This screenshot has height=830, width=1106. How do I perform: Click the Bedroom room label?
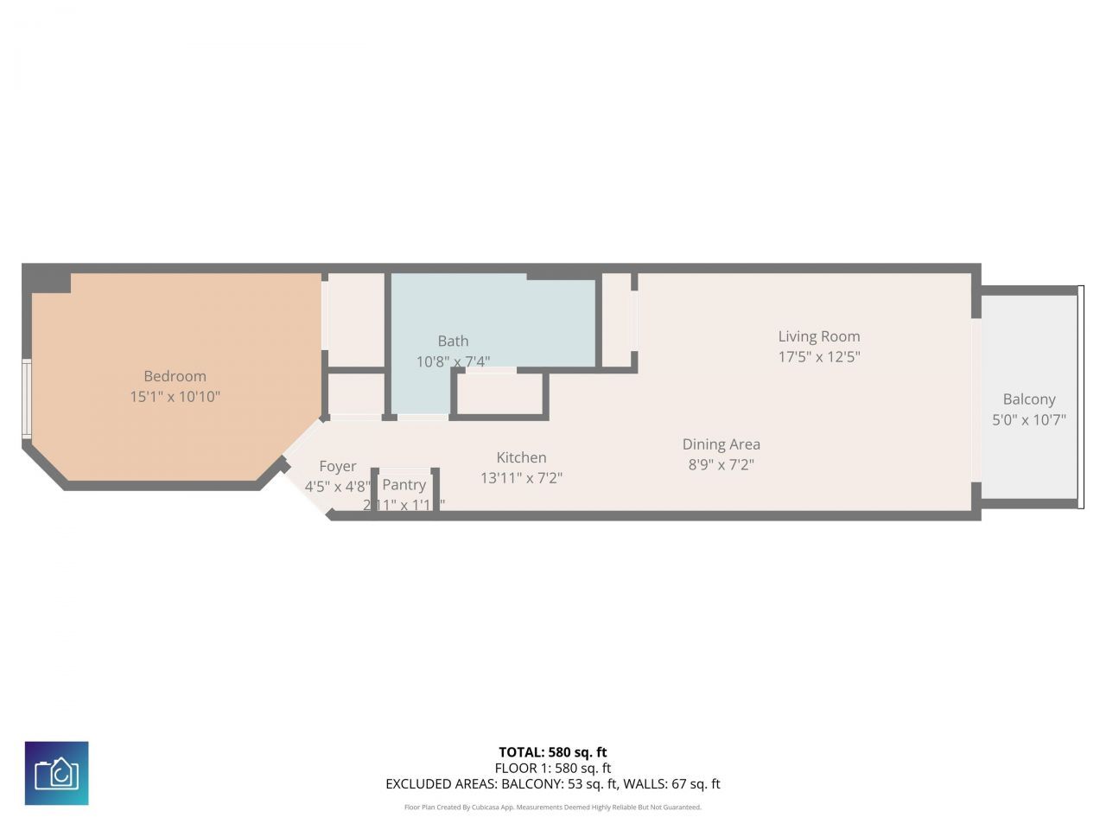175,376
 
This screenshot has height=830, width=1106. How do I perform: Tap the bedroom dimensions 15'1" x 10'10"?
175,397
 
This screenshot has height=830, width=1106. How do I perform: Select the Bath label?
453,342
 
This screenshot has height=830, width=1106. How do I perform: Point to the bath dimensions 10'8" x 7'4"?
453,361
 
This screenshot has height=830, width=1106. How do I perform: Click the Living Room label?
818,336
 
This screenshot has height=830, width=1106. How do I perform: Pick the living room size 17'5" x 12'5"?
818,356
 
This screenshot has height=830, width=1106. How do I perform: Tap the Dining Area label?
721,444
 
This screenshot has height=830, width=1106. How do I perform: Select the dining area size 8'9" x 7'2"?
721,464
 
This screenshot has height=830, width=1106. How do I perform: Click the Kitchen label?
521,457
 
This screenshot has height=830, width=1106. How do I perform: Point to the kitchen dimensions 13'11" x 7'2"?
521,477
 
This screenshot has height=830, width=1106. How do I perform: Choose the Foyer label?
337,466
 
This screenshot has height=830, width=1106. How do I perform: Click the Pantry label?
404,485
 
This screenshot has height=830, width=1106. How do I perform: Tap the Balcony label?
1028,399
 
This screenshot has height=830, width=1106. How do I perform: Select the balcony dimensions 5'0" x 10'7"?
1028,420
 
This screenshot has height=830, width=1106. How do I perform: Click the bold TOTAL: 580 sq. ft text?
552,752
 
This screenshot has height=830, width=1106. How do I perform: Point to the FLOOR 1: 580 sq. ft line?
552,768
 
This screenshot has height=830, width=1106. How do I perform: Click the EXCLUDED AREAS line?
552,784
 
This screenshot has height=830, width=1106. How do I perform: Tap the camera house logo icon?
56,773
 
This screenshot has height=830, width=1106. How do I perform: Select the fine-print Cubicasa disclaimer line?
552,808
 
